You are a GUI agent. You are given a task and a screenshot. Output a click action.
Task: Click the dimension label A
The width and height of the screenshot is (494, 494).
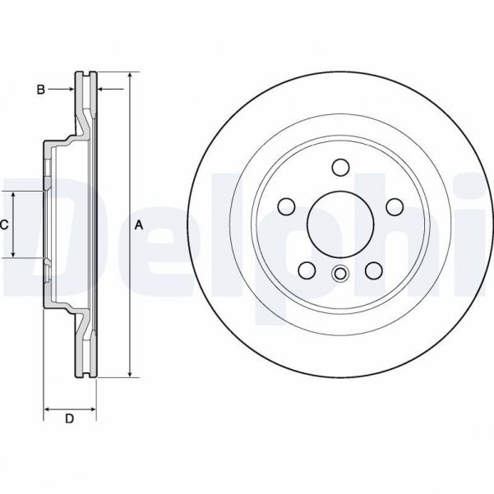(139, 224)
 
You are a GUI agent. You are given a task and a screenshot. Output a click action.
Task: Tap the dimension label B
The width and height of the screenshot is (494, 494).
(40, 90)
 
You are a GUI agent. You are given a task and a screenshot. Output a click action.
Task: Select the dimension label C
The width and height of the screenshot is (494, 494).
(4, 224)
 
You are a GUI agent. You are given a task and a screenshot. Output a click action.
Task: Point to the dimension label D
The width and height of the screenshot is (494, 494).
(70, 419)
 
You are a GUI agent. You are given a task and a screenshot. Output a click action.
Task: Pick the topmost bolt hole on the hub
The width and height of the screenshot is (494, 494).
(339, 168)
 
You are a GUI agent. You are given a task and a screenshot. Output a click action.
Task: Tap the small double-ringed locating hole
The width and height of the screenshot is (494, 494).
(339, 275)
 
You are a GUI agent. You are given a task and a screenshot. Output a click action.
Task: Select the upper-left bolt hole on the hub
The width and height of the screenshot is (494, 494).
(286, 206)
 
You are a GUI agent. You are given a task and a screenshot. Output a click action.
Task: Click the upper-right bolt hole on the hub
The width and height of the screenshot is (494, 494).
(394, 206)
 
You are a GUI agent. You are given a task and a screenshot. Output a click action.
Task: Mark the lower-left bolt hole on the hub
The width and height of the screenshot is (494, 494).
(307, 270)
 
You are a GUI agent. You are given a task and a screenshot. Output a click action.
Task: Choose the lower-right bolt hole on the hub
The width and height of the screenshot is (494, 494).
(373, 270)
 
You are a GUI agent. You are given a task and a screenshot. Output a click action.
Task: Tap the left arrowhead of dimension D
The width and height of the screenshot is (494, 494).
(47, 408)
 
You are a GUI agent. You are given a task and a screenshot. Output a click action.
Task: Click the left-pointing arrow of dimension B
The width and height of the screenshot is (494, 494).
(102, 89)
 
